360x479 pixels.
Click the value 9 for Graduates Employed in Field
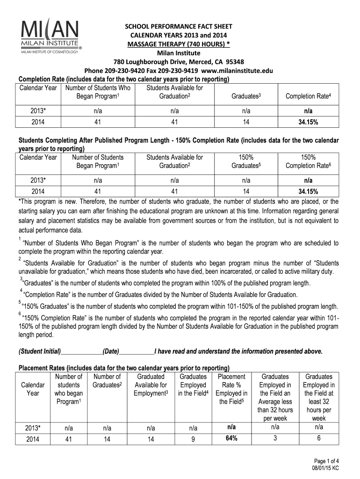point(193,439)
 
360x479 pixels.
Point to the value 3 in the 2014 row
point(275,438)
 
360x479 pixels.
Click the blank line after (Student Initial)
point(81,352)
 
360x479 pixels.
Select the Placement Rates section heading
point(123,367)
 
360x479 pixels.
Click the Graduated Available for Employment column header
point(151,385)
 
